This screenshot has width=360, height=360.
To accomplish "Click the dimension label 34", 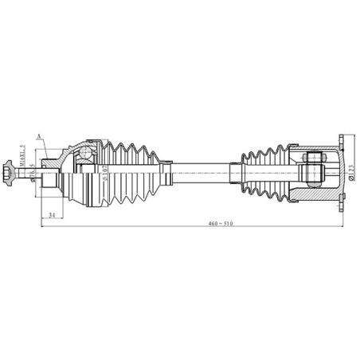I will [x=51, y=216].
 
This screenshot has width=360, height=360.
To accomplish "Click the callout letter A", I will [x=37, y=136].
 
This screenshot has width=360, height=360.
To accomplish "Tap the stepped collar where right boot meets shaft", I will [x=236, y=170].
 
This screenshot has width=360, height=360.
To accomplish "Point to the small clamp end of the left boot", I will [x=167, y=170].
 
